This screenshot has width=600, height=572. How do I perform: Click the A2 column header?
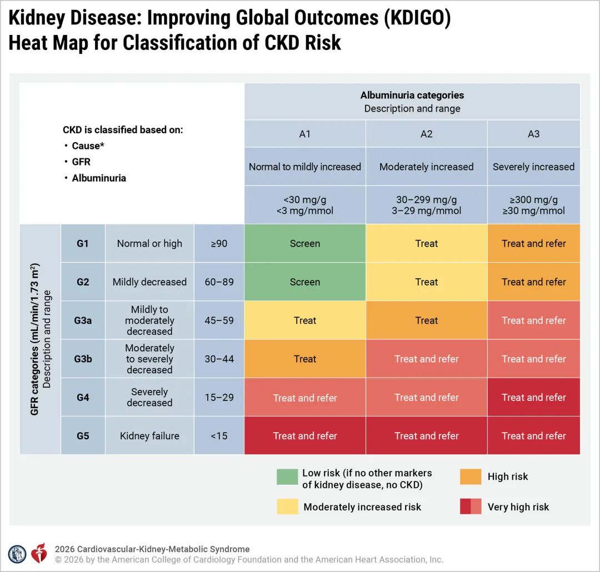pyautogui.click(x=426, y=134)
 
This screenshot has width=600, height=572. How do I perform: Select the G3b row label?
pyautogui.click(x=83, y=359)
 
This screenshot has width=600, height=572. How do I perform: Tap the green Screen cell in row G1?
pyautogui.click(x=305, y=243)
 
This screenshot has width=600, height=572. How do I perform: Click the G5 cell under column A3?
pyautogui.click(x=534, y=436)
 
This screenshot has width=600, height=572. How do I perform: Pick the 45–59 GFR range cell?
pyautogui.click(x=219, y=320)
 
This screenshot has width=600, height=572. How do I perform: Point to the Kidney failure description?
pyautogui.click(x=149, y=436)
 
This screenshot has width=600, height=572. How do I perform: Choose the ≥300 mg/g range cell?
pyautogui.click(x=534, y=205)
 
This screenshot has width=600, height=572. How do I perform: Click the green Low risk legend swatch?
pyautogui.click(x=287, y=476)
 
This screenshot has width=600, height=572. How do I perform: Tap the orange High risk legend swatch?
pyautogui.click(x=471, y=476)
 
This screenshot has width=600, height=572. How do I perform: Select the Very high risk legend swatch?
pyautogui.click(x=471, y=506)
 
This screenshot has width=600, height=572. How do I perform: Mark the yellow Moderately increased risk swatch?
pyautogui.click(x=287, y=506)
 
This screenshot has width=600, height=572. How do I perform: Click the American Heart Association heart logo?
pyautogui.click(x=39, y=553)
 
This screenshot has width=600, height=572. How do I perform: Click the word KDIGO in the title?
pyautogui.click(x=417, y=18)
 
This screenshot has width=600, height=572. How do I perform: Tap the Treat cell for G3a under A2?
pyautogui.click(x=426, y=320)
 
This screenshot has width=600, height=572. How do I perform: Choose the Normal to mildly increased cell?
pyautogui.click(x=305, y=167)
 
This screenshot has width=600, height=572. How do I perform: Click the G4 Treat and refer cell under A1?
pyautogui.click(x=305, y=397)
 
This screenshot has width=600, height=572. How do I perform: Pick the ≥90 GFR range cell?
pyautogui.click(x=219, y=243)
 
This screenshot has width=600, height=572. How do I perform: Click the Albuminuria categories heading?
pyautogui.click(x=412, y=95)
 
